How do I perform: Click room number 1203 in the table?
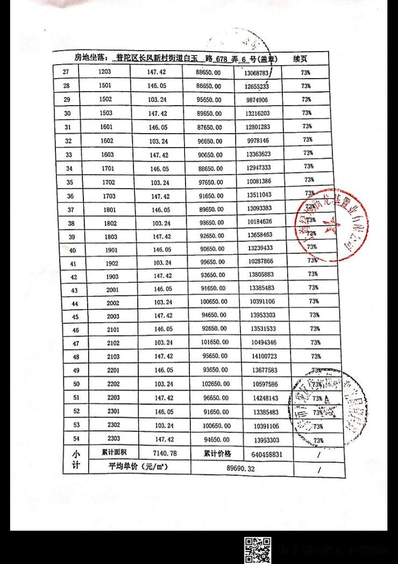[105, 72]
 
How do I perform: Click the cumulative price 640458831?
[266, 454]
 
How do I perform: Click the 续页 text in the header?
[300, 58]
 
